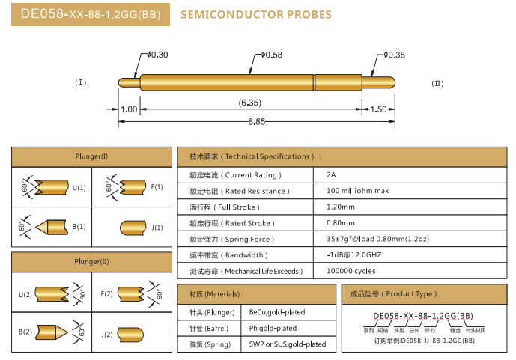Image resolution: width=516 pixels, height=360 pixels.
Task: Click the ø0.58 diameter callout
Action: click(x=272, y=55)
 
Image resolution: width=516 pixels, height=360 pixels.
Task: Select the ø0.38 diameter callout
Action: click(x=394, y=55)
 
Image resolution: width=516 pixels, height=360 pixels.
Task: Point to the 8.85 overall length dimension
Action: click(x=257, y=121)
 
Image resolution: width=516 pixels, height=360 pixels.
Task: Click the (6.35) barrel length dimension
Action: click(x=249, y=103)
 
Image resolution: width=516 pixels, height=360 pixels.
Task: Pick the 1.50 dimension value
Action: click(x=379, y=109)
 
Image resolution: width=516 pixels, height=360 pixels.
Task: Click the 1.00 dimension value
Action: click(x=129, y=109)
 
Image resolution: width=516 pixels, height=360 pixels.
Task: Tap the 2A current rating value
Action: click(x=332, y=174)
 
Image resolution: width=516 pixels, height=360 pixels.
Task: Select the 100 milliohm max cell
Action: click(x=358, y=191)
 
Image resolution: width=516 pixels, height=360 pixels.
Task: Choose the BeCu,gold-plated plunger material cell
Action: click(x=277, y=312)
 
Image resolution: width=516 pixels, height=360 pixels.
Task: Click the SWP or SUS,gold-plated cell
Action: click(x=288, y=344)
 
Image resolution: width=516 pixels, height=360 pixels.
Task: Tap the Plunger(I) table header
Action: click(x=91, y=156)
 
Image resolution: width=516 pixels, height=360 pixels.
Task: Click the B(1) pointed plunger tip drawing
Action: click(x=49, y=226)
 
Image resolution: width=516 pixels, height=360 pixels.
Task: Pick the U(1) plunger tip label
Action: click(x=79, y=186)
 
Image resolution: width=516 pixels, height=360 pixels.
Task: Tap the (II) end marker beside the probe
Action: click(x=438, y=83)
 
